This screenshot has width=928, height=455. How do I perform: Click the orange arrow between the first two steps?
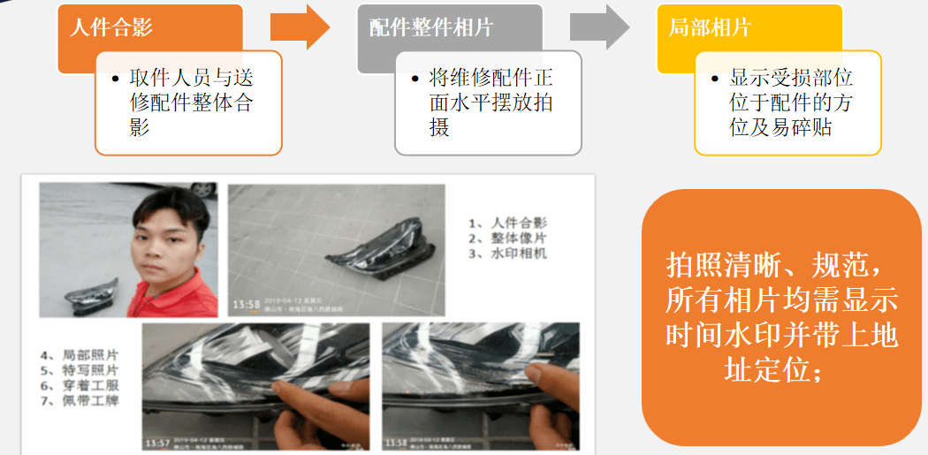[300, 27]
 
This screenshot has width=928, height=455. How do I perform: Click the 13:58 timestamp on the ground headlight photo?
[245, 305]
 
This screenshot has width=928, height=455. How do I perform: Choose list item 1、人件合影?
[507, 223]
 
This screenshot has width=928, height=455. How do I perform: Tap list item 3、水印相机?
[507, 254]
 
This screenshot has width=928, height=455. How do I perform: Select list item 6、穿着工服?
[80, 385]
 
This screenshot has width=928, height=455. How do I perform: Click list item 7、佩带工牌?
[80, 401]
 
